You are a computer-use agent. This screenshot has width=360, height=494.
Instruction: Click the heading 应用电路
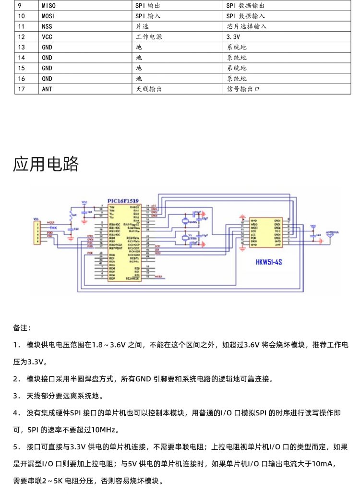(46, 165)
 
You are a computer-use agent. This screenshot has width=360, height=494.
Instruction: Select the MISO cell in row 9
(48, 6)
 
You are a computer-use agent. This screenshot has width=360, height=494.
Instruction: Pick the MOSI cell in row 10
(48, 16)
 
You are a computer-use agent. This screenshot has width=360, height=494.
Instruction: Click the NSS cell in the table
(47, 26)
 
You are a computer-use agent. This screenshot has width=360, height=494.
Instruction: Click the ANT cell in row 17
(47, 89)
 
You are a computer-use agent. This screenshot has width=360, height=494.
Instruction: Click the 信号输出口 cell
(243, 89)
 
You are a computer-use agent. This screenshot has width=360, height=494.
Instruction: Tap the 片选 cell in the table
(142, 26)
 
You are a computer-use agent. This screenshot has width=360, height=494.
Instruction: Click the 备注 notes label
(22, 328)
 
